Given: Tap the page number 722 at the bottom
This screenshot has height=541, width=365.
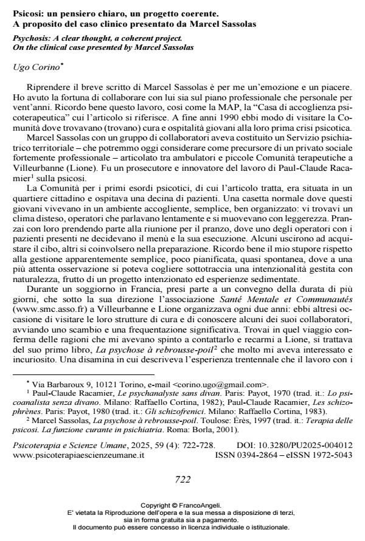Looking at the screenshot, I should tap(182, 479).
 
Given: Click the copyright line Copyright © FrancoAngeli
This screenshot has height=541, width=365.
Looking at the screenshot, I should tap(182, 505).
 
